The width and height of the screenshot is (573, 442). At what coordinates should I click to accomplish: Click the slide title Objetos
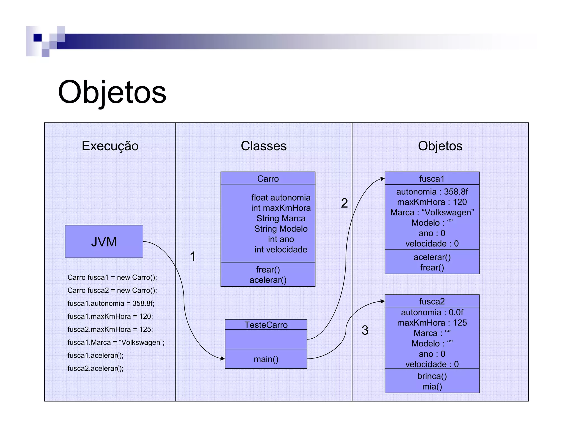coord(112,92)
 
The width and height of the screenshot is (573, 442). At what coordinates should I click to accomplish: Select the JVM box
coord(104,241)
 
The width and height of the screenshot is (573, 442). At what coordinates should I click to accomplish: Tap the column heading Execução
coord(110,146)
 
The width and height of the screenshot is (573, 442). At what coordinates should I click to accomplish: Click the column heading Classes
coord(264,146)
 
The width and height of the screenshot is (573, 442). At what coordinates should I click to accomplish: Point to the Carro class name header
coord(268,179)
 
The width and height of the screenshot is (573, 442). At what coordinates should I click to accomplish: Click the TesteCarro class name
coord(266,325)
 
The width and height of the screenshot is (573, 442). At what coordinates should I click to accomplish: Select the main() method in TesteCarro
coord(266,359)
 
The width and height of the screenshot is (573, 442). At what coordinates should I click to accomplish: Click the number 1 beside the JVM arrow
coord(192,256)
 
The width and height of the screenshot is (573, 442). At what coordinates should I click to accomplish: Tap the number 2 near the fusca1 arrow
coord(344,203)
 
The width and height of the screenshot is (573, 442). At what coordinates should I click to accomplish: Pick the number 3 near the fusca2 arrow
coord(365,330)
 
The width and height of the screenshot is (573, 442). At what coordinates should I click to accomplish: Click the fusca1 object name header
coord(432,179)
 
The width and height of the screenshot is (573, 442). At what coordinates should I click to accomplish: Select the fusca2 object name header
coord(432,301)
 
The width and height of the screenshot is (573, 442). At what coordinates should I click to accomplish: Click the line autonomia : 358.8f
coord(432,192)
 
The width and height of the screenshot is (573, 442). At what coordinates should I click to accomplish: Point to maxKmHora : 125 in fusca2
coord(432,323)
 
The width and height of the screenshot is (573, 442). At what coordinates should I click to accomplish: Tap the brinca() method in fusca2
coord(432,376)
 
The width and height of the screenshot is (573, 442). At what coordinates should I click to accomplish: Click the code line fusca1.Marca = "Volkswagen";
coord(116,342)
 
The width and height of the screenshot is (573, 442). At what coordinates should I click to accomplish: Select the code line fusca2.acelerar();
coord(95,368)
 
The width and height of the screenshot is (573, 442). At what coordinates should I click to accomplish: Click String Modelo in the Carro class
coord(281,229)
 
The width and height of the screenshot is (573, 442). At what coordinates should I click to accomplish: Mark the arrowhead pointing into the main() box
coord(223,358)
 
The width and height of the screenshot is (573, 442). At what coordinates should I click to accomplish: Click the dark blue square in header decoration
coord(37,37)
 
